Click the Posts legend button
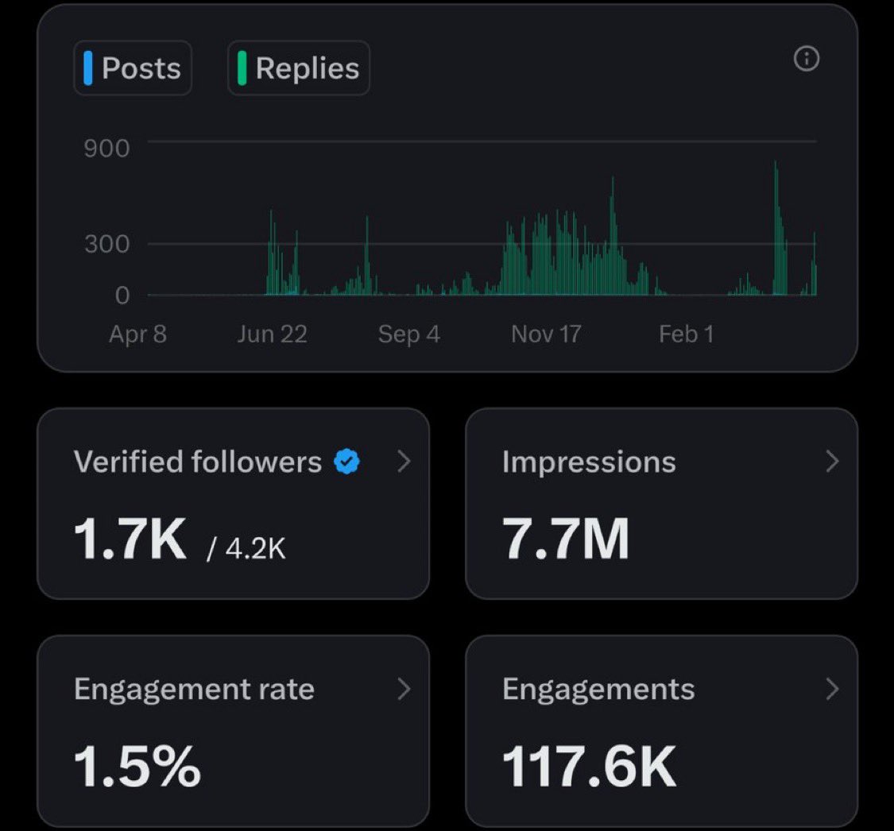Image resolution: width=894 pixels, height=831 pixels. [x=133, y=68]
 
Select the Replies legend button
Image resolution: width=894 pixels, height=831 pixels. [x=299, y=68]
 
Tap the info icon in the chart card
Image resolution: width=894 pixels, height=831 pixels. [x=807, y=59]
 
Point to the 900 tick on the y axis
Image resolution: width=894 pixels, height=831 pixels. [x=106, y=148]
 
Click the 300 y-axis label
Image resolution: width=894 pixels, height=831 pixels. [x=106, y=244]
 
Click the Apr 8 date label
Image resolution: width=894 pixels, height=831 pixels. [x=137, y=334]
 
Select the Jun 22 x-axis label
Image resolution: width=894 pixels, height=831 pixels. [x=272, y=334]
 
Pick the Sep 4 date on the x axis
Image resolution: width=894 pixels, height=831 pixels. [x=408, y=334]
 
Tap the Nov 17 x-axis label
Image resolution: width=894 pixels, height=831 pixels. [x=546, y=334]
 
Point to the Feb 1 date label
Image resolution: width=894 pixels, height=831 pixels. [x=686, y=334]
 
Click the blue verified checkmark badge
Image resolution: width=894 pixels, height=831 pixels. [x=346, y=461]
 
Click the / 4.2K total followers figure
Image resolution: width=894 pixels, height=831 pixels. [x=246, y=549]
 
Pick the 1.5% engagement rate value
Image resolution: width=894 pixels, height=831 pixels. [x=137, y=766]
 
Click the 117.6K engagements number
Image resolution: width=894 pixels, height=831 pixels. [x=589, y=766]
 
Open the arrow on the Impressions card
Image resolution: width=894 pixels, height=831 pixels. [x=832, y=461]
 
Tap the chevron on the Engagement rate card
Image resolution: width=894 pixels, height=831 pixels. [x=404, y=689]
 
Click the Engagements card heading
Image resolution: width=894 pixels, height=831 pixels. [x=598, y=689]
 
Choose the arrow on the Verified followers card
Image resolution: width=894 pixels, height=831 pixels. [x=404, y=461]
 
